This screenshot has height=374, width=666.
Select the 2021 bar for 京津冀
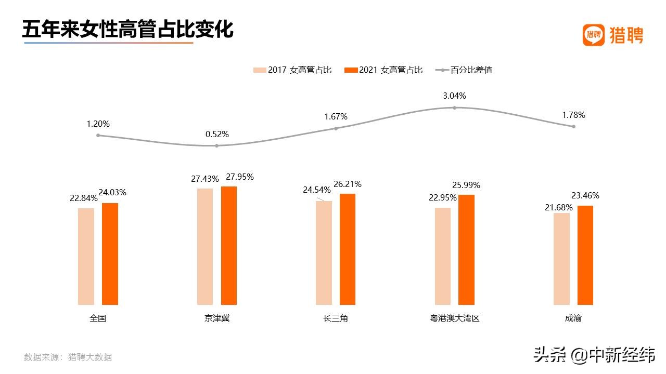(229, 245)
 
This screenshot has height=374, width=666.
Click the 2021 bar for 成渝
(585, 255)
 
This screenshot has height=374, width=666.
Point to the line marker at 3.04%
(454, 108)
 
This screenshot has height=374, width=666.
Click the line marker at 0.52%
(217, 145)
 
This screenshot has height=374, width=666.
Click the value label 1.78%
(573, 115)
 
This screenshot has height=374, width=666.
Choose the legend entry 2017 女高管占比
(292, 70)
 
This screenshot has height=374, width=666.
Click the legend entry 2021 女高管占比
(384, 70)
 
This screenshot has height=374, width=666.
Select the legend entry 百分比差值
(464, 70)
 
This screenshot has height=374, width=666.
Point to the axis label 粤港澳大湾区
(451, 318)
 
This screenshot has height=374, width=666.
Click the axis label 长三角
(335, 318)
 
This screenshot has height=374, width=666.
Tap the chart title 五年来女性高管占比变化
(127, 29)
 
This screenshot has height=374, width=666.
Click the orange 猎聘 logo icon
(593, 35)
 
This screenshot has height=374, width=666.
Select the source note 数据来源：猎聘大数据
(68, 357)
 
